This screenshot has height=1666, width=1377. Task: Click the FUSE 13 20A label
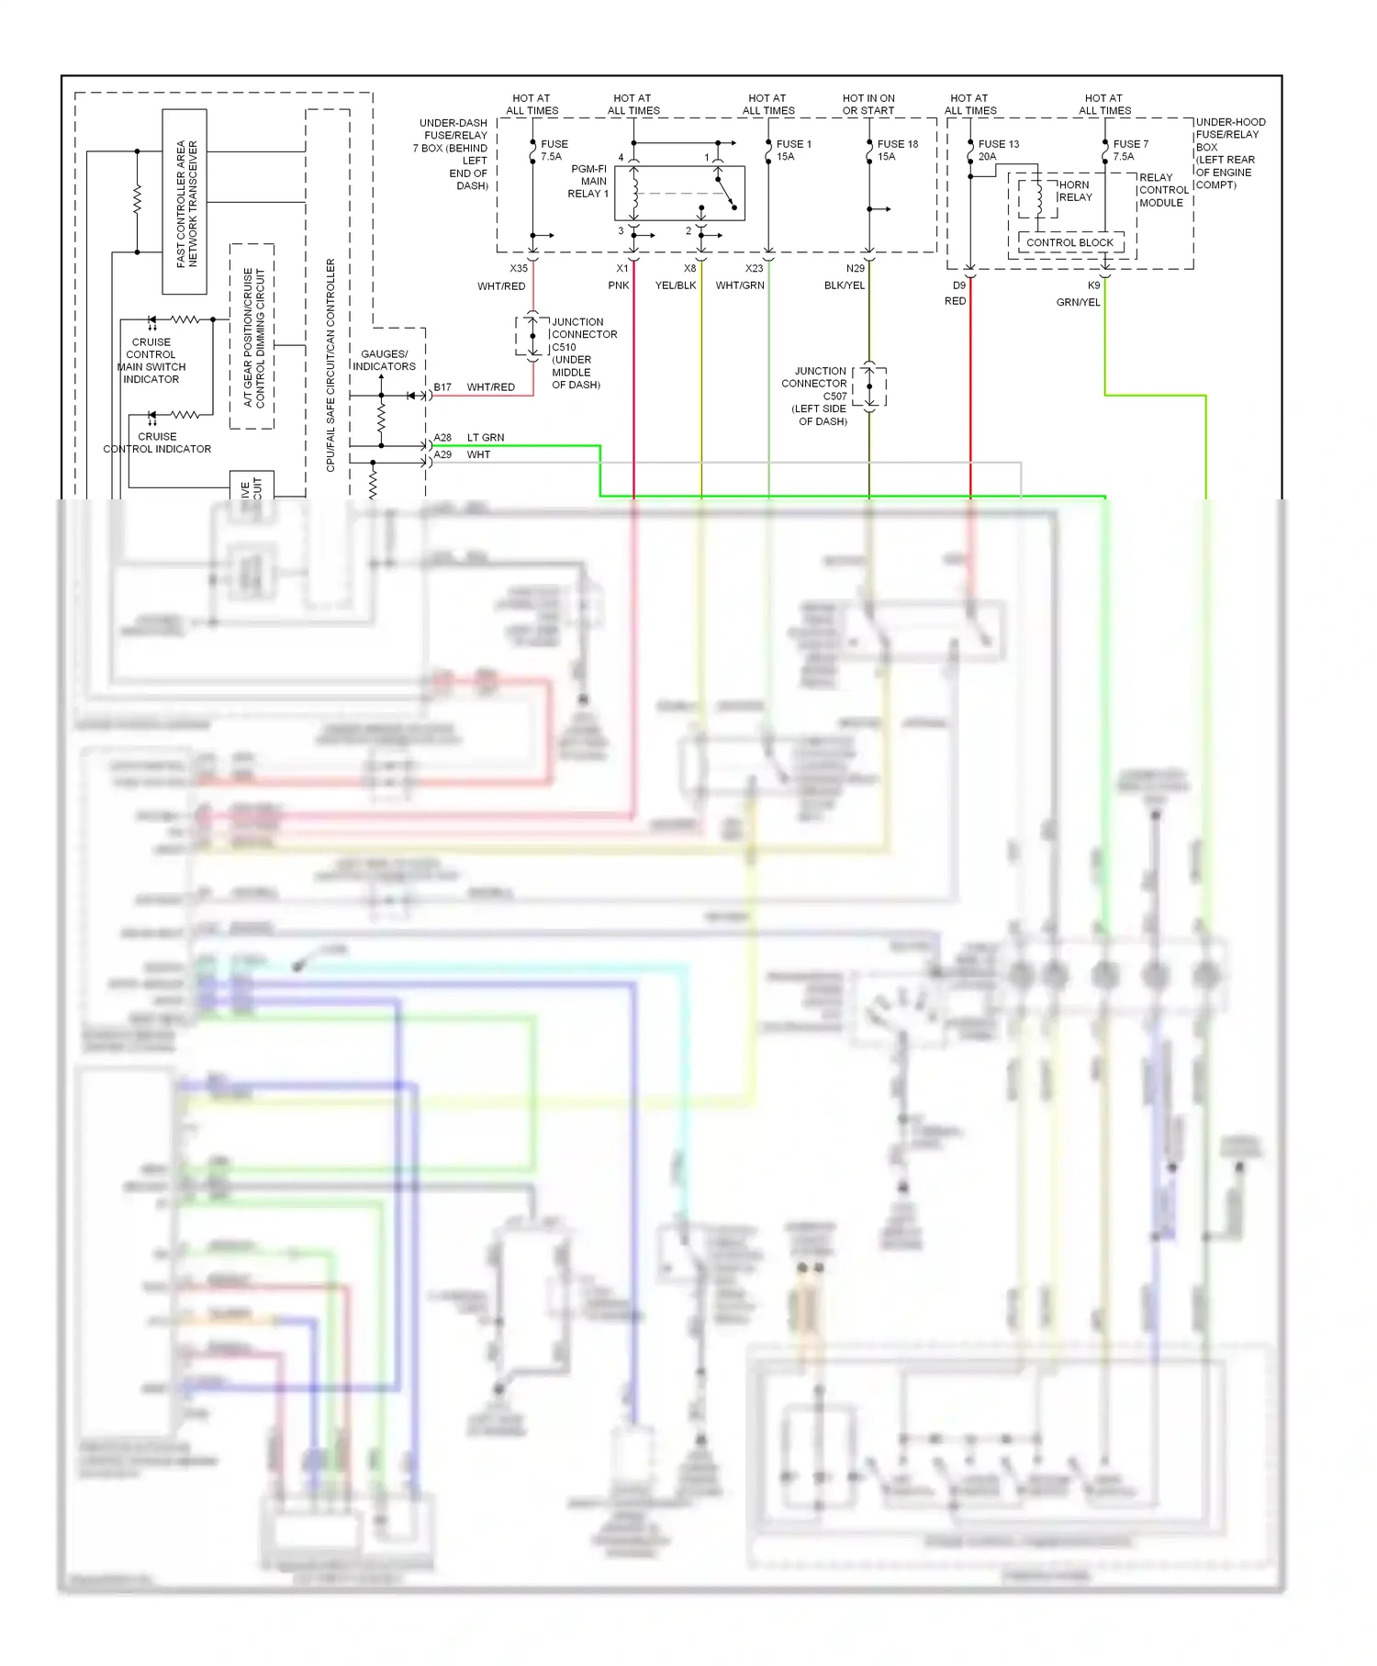998,151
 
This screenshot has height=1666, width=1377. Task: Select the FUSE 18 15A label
897,151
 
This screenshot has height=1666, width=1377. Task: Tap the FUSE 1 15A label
793,151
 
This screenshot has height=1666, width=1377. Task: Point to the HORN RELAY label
1075,191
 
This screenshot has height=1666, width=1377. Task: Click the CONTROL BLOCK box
1069,242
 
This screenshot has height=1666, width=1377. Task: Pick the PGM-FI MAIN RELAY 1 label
588,182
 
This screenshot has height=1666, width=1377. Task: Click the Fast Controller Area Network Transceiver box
185,202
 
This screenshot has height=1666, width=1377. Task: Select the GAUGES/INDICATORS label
385,360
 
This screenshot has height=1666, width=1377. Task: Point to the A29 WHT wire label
463,454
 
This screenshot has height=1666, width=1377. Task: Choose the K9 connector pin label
1093,285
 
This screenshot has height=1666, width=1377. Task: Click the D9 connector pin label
958,285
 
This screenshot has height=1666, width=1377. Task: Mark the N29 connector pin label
855,268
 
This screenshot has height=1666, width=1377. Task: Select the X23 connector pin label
754,268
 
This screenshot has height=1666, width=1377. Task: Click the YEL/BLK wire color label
676,285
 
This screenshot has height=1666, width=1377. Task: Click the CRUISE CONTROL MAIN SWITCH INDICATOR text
151,361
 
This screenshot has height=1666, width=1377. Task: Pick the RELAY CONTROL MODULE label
1163,190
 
